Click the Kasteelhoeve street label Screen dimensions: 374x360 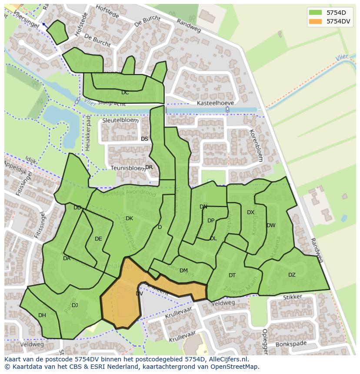215,103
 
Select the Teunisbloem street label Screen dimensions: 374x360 127,168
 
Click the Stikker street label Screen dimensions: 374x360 292,297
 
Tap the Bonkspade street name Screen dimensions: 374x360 290,344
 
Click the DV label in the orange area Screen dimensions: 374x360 139,294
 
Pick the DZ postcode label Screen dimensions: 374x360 292,275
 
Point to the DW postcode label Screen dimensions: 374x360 271,225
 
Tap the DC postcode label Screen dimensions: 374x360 125,93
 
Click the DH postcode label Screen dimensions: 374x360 42,315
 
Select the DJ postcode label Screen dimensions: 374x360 75,305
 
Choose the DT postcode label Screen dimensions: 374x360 232,275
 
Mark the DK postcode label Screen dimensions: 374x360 129,218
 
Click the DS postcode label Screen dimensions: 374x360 144,139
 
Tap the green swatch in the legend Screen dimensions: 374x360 315,12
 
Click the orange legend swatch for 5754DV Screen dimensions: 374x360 315,21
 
